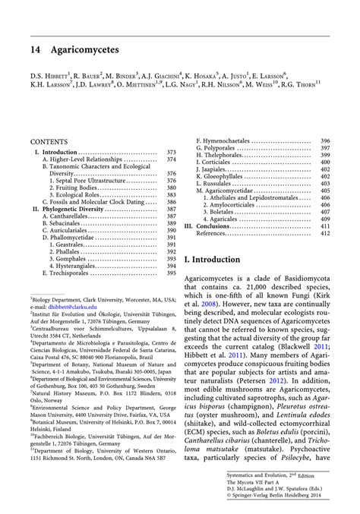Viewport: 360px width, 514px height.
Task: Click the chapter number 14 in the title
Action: tap(36, 49)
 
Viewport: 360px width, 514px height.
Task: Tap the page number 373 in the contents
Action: tap(171, 153)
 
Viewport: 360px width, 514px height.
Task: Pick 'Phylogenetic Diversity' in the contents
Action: tap(77, 208)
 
